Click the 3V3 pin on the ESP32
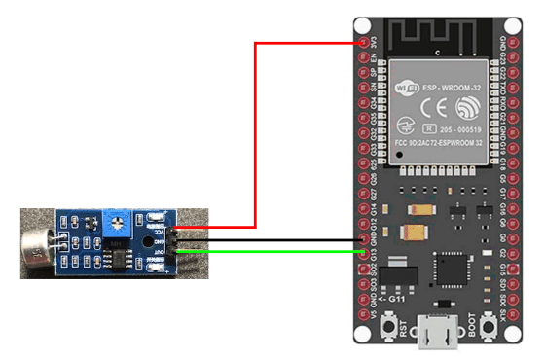[364, 42]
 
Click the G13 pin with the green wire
[365, 253]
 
